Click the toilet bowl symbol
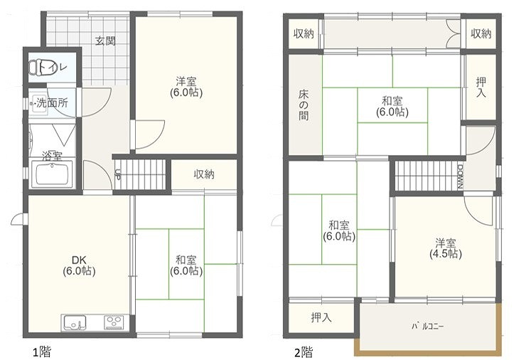[35, 67]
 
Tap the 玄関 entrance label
[105, 41]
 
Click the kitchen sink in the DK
[75, 322]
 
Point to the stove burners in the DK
[114, 322]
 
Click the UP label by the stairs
[118, 174]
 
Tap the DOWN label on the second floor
[460, 176]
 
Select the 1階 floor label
[42, 352]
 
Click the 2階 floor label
[304, 352]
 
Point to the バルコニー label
[427, 327]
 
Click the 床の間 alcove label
[304, 105]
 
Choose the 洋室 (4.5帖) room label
[445, 248]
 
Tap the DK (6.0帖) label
[79, 265]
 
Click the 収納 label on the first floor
[204, 174]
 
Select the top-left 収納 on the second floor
[304, 33]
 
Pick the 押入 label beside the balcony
[321, 317]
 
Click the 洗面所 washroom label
[52, 102]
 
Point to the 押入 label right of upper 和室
[481, 87]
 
